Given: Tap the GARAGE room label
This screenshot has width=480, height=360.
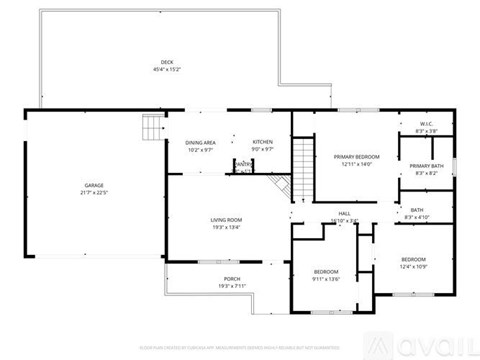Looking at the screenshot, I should (x=95, y=186).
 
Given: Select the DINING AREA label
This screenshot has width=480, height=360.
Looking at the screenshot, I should (x=200, y=142).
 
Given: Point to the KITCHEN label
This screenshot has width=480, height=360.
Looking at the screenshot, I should (x=262, y=142).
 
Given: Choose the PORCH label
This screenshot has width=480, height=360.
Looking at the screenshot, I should (x=232, y=279).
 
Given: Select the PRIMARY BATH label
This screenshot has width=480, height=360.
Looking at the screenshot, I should (x=426, y=166).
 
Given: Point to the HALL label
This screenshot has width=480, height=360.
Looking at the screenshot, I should (x=344, y=212).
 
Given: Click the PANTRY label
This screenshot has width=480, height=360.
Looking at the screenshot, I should (x=243, y=164).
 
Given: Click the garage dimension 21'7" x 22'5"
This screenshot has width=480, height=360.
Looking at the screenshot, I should (x=95, y=193).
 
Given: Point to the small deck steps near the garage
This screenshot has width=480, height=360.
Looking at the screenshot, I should (x=150, y=127).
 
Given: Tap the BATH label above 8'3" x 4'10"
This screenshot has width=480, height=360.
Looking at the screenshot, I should (x=417, y=210).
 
